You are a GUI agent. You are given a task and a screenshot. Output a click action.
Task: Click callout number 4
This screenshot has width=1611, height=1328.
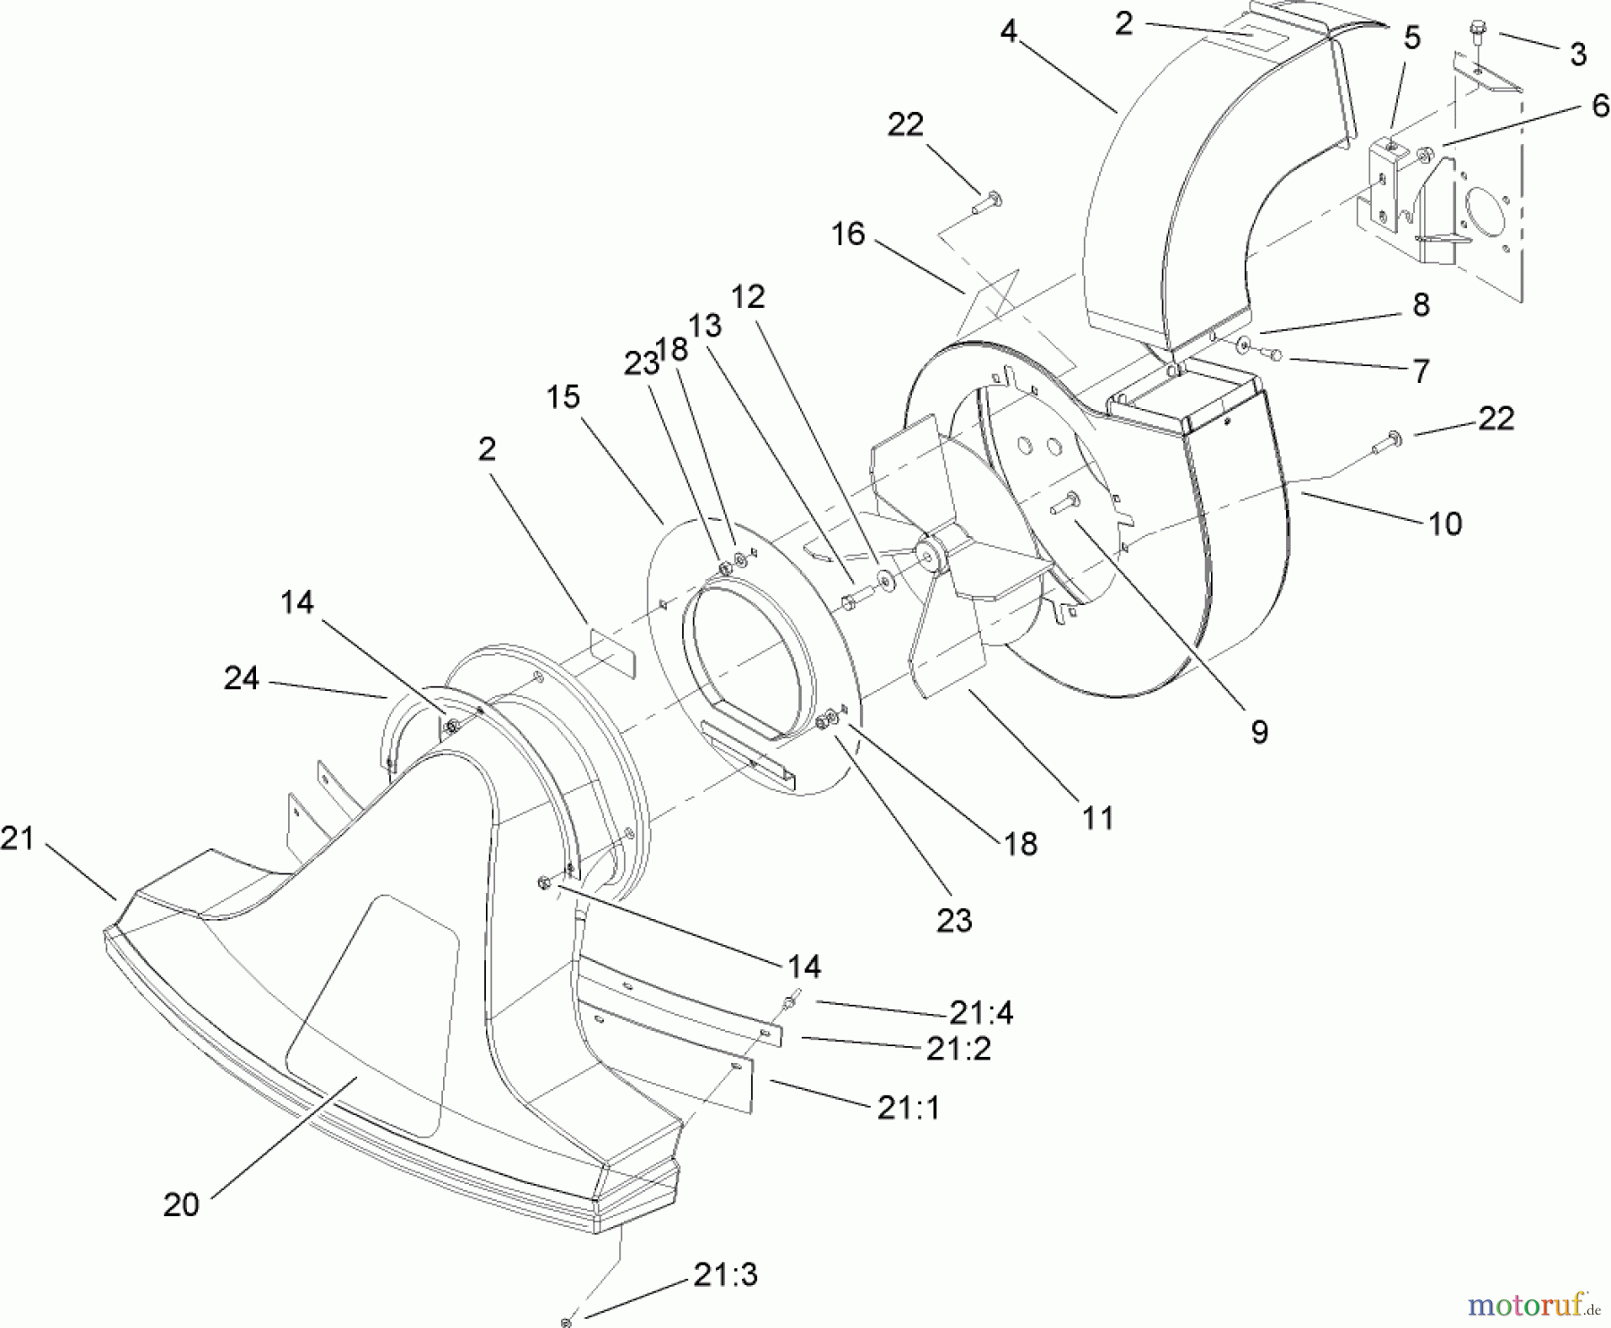pyautogui.click(x=1009, y=32)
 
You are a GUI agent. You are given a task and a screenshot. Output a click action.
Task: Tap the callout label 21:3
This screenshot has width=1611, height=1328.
pyautogui.click(x=725, y=1274)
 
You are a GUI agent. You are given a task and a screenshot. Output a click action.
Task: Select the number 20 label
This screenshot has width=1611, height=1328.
pyautogui.click(x=181, y=1205)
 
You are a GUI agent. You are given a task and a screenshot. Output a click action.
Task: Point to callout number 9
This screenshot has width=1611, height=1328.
pyautogui.click(x=1258, y=733)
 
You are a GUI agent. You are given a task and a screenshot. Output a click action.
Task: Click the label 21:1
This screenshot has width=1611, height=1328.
pyautogui.click(x=909, y=1108)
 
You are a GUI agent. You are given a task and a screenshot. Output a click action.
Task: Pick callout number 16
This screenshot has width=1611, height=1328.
pyautogui.click(x=848, y=234)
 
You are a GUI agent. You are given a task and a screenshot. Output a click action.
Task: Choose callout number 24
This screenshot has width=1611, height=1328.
pyautogui.click(x=242, y=679)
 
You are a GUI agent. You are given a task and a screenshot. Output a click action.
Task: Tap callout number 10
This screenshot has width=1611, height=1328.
pyautogui.click(x=1445, y=523)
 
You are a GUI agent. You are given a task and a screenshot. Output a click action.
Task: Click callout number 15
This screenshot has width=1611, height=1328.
pyautogui.click(x=564, y=396)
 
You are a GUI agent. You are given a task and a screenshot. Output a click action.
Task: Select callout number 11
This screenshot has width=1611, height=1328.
pyautogui.click(x=1098, y=817)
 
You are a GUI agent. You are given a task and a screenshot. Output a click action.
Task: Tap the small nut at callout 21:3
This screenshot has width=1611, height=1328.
pyautogui.click(x=566, y=1321)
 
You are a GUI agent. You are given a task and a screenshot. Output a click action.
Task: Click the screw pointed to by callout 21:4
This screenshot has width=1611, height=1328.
pyautogui.click(x=790, y=1001)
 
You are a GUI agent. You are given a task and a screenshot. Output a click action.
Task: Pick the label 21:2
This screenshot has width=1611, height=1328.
pyautogui.click(x=959, y=1048)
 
